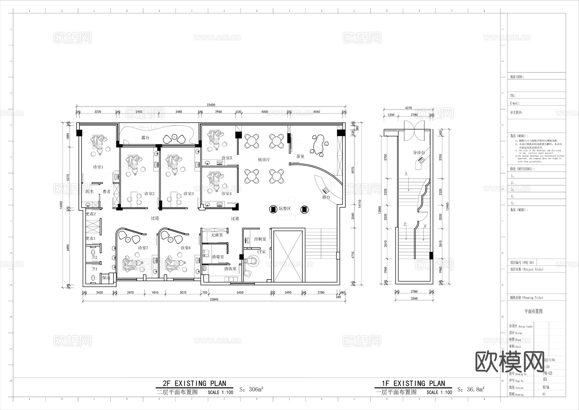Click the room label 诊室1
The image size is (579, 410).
tap(98, 167)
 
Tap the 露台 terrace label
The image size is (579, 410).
tap(145, 138)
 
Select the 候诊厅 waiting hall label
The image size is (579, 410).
tap(264, 159)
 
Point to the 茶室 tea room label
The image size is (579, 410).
tap(300, 156)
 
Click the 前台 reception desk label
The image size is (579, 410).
tap(326, 197)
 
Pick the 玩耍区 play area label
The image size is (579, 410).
tap(285, 209)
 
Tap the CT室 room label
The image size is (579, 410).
tap(261, 252)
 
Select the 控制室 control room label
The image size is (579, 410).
tap(260, 239)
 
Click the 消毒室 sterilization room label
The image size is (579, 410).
tap(218, 257)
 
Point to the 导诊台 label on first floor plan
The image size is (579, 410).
tap(419, 153)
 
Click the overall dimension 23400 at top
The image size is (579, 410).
tap(211, 105)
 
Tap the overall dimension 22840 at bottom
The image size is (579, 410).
tap(214, 300)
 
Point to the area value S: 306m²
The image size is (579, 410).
tap(251, 390)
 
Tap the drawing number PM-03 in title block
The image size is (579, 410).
tap(547, 373)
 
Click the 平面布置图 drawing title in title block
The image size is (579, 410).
tap(533, 311)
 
